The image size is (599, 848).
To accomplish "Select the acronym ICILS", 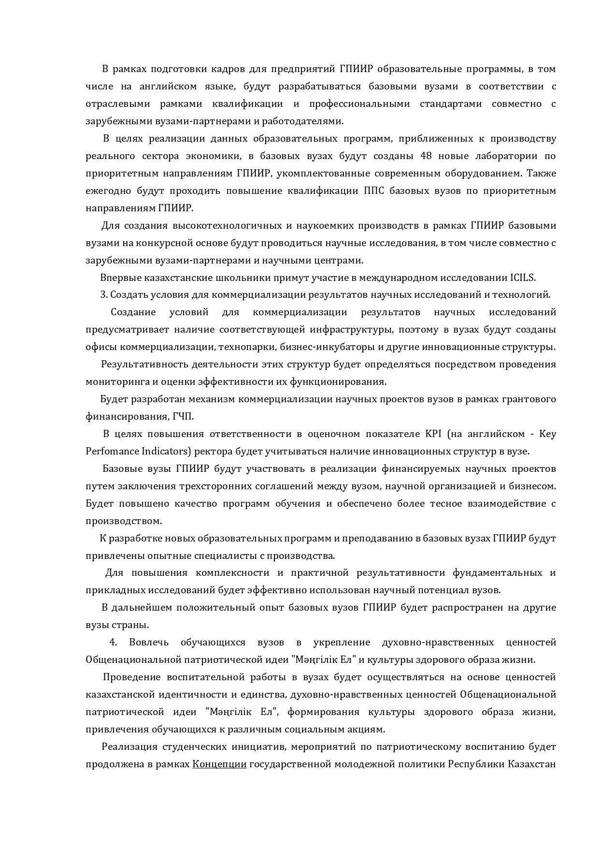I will (x=523, y=278).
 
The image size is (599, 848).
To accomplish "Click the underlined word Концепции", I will (x=219, y=764).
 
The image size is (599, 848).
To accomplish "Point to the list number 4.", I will (x=114, y=643).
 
